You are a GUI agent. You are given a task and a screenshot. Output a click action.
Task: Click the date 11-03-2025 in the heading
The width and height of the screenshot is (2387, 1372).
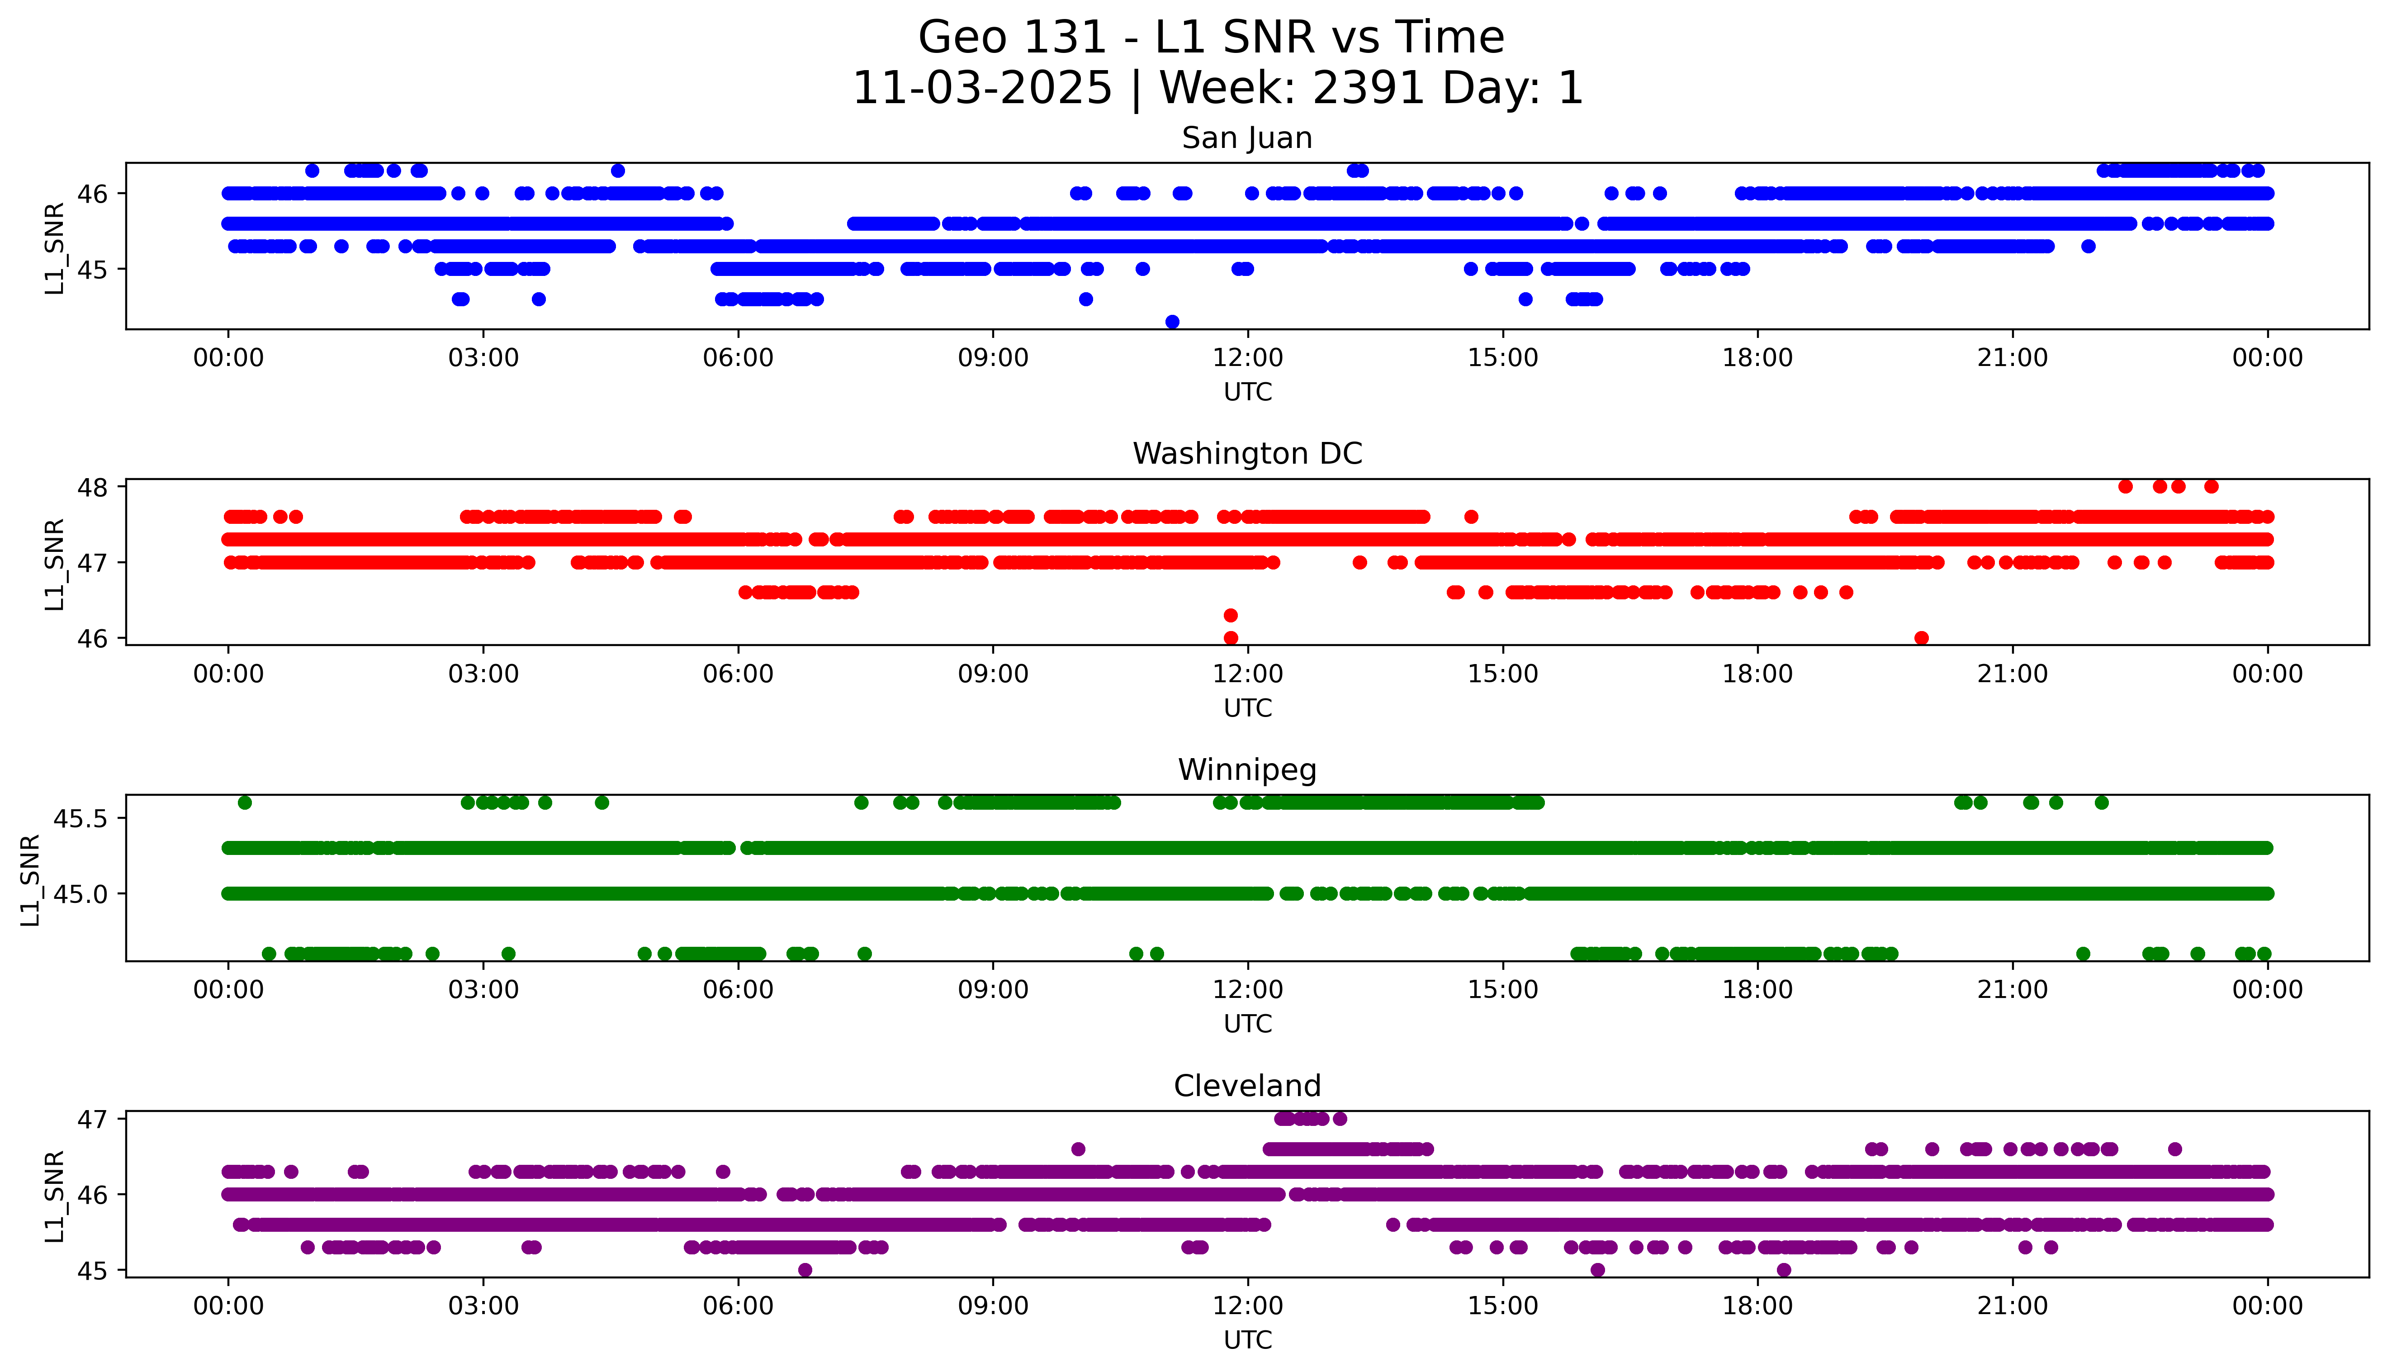coord(982,89)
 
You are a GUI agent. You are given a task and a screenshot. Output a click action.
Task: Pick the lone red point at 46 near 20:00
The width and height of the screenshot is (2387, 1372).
coord(1922,638)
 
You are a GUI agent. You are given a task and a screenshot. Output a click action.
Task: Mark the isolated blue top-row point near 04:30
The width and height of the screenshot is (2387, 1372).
coord(618,171)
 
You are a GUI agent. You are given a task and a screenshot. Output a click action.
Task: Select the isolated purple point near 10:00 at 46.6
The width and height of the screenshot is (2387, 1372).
coord(1079,1149)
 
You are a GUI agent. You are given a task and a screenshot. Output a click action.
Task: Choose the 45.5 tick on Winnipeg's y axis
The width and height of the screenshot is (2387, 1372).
coord(81,819)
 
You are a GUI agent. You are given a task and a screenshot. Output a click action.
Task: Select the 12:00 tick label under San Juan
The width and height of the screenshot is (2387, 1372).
coord(1247,358)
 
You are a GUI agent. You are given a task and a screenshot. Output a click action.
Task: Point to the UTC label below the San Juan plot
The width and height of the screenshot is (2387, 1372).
coord(1247,392)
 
